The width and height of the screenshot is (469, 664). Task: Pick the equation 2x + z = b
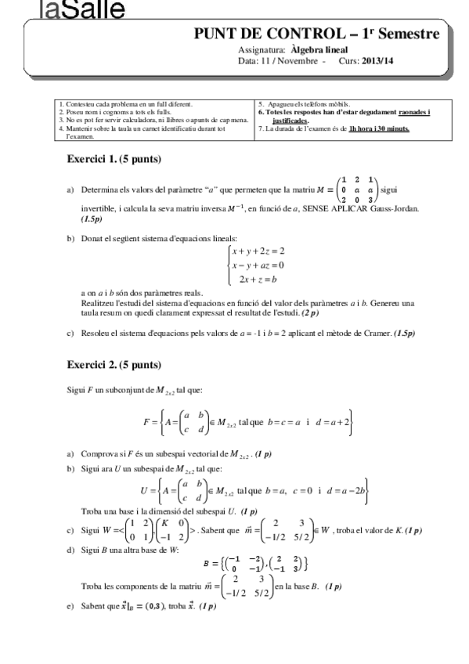click(258, 279)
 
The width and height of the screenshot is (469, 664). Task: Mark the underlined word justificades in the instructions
click(290, 121)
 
